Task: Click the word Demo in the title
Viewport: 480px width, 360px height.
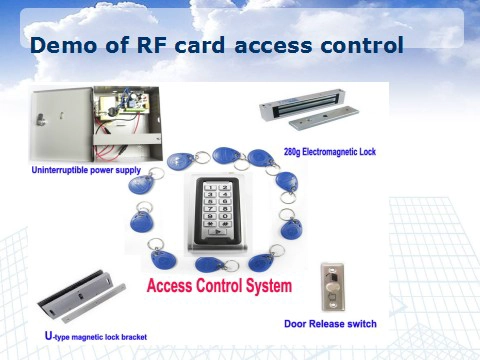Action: [63, 45]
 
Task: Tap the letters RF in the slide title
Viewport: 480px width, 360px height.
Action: [152, 45]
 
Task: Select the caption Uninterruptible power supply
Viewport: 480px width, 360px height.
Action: [86, 170]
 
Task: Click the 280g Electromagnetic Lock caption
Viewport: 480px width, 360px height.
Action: [330, 152]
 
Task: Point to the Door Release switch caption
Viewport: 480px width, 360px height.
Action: [330, 324]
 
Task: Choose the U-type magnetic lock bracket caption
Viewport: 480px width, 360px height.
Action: [96, 336]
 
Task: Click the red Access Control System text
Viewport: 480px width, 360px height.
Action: [219, 286]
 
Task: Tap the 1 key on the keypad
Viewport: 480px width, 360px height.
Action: [210, 188]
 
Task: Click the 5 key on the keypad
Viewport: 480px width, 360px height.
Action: [210, 202]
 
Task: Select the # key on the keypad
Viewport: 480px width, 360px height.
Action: [225, 224]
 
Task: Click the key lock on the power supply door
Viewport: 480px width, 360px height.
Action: [41, 119]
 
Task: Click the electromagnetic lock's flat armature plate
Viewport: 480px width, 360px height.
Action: [324, 117]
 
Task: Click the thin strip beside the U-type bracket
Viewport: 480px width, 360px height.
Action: [94, 303]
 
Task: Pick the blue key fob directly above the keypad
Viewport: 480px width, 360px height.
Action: [227, 156]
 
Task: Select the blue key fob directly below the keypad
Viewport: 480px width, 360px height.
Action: [209, 264]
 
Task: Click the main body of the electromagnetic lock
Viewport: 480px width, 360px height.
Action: [301, 105]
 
